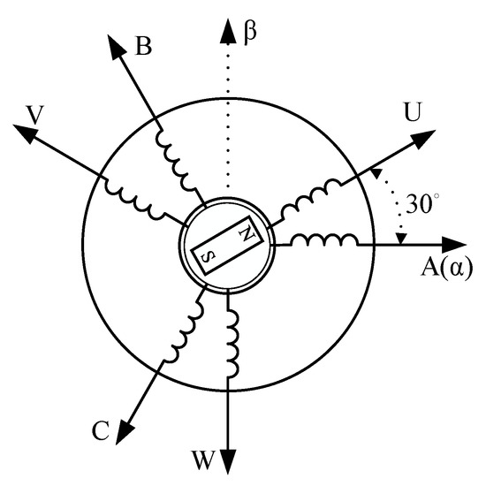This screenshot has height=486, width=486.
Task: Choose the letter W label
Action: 202,459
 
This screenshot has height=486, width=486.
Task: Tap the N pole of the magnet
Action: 247,236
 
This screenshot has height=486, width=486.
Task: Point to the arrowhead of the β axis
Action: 227,19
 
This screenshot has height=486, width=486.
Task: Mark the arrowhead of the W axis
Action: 228,463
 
